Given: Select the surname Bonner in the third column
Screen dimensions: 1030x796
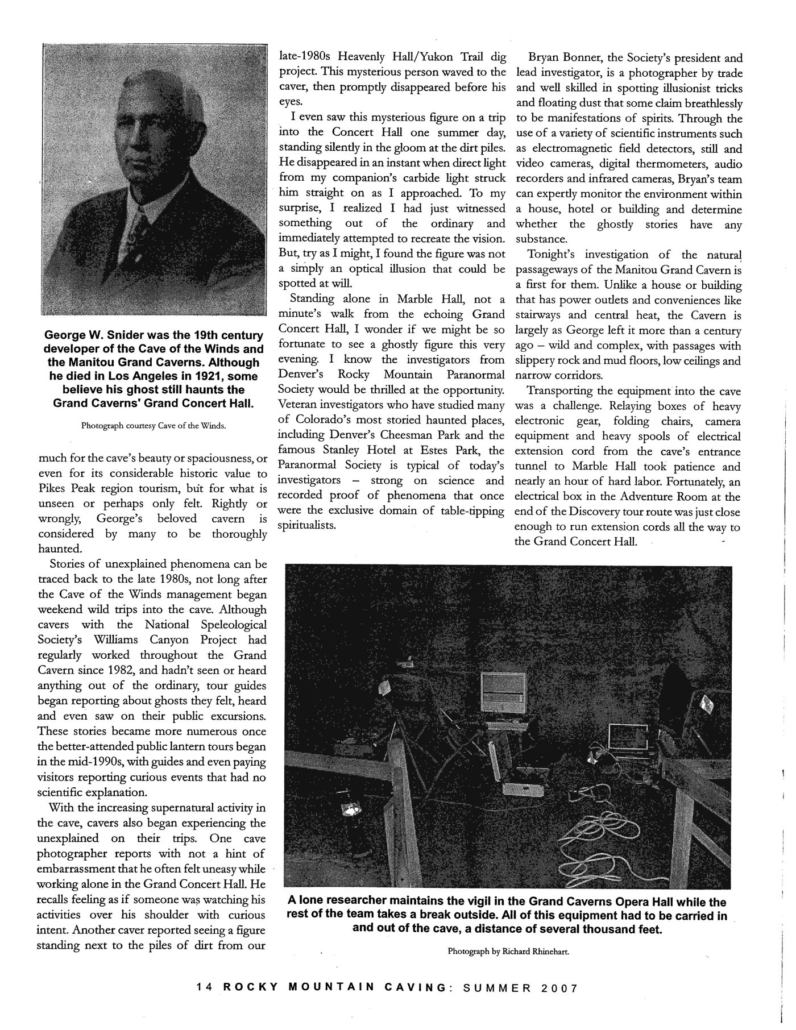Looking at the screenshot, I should coord(584,58).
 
